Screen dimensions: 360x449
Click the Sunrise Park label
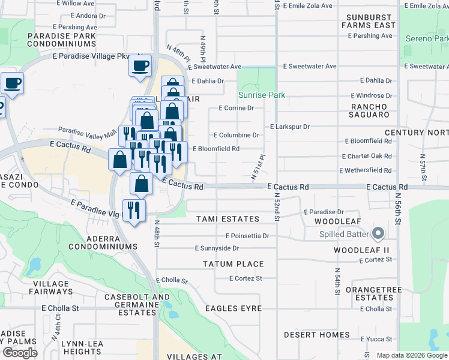(x=261, y=95)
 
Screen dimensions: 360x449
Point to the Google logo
(x=20, y=352)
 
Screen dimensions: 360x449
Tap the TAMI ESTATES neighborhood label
(x=228, y=219)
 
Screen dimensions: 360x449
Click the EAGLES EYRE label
(x=234, y=308)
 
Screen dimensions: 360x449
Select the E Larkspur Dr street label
(x=289, y=127)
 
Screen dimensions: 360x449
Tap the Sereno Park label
(x=427, y=38)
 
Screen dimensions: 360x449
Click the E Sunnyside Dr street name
(x=217, y=248)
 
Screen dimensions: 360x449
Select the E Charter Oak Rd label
(x=369, y=158)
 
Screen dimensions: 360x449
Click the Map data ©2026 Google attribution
(x=412, y=355)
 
